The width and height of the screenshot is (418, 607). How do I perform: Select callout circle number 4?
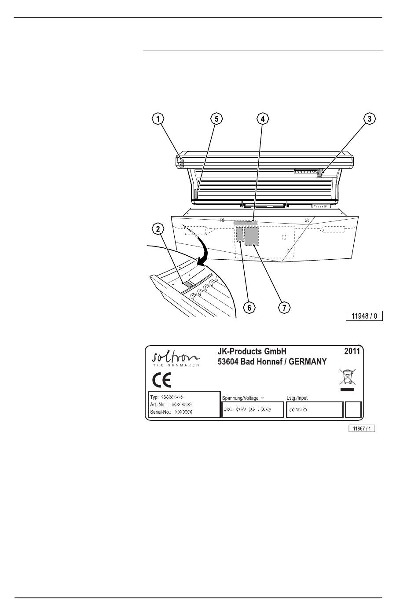(262, 118)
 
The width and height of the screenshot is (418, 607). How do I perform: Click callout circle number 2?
(158, 228)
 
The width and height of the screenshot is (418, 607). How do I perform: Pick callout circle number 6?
(249, 308)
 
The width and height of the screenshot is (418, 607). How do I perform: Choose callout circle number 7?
(285, 308)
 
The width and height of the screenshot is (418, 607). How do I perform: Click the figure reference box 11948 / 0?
(364, 316)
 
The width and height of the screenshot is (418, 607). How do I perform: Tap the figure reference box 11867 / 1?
(362, 428)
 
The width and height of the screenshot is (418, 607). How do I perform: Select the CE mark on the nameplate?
(161, 380)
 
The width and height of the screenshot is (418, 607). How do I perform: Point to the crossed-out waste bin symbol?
(347, 378)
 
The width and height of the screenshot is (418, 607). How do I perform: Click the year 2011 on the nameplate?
(352, 351)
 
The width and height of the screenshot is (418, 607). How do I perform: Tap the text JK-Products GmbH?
(252, 351)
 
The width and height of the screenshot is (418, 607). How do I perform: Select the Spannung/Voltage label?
(242, 398)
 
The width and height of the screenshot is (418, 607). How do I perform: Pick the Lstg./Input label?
(297, 397)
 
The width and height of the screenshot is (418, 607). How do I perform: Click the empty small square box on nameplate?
(353, 409)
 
